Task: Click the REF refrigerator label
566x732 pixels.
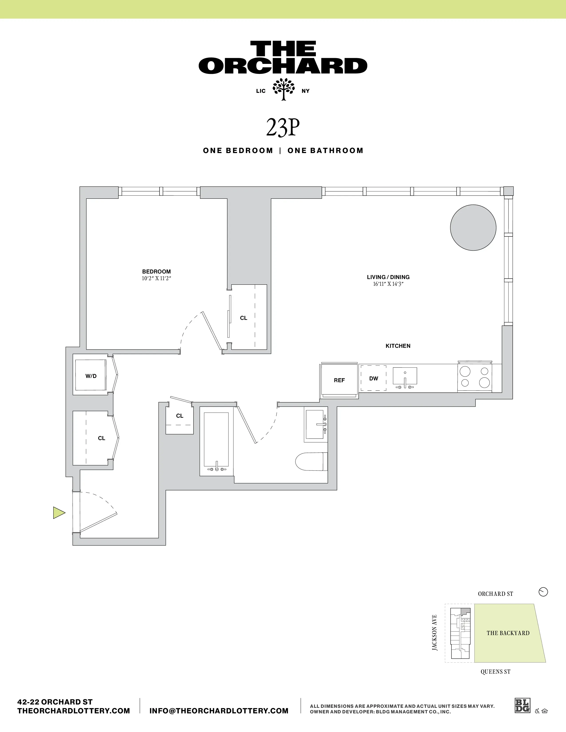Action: coord(339,380)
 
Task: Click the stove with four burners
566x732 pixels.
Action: coord(475,377)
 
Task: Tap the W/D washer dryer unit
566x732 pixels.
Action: coord(91,376)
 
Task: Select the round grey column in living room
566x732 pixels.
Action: coord(473,227)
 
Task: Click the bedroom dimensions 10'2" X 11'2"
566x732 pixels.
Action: coord(156,279)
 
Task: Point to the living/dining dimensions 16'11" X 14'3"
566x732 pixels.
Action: coord(388,284)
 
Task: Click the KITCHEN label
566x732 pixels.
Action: coord(398,346)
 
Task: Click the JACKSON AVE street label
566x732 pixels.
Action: coord(435,633)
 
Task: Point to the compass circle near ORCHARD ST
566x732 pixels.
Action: coord(543,592)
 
